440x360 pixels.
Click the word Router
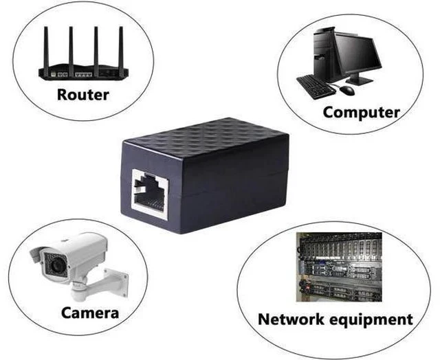point(83,95)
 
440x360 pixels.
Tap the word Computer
point(362,113)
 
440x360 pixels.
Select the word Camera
point(90,313)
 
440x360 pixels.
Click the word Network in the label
point(291,319)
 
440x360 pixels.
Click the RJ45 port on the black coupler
point(150,194)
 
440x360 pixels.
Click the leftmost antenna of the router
point(46,47)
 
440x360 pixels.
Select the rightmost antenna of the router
point(121,48)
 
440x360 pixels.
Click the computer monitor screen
point(357,54)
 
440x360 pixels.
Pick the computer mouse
point(347,90)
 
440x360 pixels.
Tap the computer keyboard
point(316,87)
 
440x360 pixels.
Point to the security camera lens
point(58,265)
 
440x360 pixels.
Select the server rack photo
point(339,267)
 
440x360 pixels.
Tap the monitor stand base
point(359,81)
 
